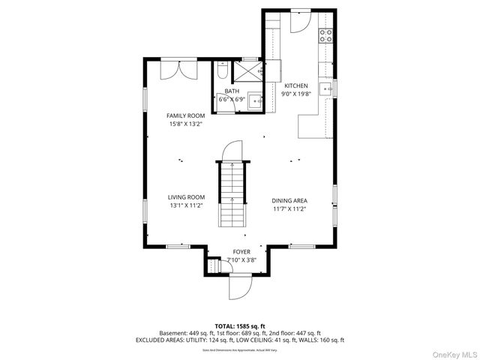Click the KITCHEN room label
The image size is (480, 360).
[x=295, y=86]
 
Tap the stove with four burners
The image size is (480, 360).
[x=326, y=34]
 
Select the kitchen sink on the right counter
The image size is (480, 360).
[x=327, y=88]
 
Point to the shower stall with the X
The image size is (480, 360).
[x=247, y=72]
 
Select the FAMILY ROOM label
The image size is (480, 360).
[x=185, y=115]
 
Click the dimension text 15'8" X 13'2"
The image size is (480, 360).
[x=185, y=124]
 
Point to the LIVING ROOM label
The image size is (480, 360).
[x=186, y=198]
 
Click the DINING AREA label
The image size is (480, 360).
[x=289, y=200]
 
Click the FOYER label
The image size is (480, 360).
[x=241, y=252]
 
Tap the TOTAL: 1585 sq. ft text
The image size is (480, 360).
[x=240, y=326]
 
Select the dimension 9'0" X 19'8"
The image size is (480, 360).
[x=295, y=94]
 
